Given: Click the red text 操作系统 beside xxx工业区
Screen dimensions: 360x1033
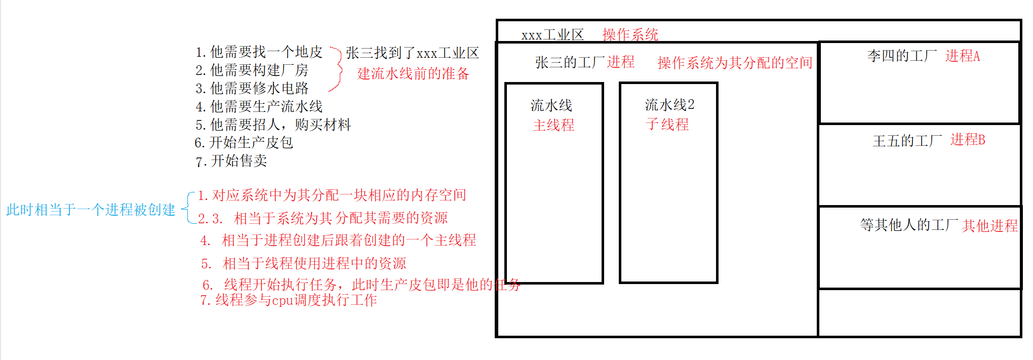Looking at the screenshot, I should (630, 34).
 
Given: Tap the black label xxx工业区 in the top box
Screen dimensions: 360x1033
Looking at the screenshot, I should (552, 35).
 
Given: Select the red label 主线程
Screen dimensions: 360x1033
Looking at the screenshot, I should (553, 125).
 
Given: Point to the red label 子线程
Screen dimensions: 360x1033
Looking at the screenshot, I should (667, 124).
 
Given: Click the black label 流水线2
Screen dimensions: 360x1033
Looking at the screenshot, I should (669, 105).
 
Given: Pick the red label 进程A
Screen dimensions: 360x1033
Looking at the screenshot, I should (963, 56).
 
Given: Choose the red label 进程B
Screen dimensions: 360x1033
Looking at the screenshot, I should (968, 139).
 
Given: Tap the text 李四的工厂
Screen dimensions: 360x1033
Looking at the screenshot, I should (902, 56).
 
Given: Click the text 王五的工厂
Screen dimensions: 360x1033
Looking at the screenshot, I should (907, 140).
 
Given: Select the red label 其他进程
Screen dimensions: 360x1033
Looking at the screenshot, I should (990, 225).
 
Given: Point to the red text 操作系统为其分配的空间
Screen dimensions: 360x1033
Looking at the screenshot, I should (735, 63).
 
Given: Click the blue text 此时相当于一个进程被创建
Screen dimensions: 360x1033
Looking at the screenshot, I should (91, 210).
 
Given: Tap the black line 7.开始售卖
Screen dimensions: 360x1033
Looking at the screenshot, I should (231, 161).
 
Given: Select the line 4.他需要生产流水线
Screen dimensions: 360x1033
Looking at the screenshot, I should (259, 106).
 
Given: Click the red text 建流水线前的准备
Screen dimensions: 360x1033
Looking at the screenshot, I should (413, 74).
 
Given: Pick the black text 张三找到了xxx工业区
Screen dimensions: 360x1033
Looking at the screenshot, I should (412, 53).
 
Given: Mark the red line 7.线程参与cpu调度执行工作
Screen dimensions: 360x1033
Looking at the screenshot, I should (289, 300).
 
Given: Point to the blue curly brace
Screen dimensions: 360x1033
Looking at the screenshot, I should (187, 208).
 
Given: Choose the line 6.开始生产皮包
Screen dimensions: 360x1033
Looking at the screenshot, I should (244, 143).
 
